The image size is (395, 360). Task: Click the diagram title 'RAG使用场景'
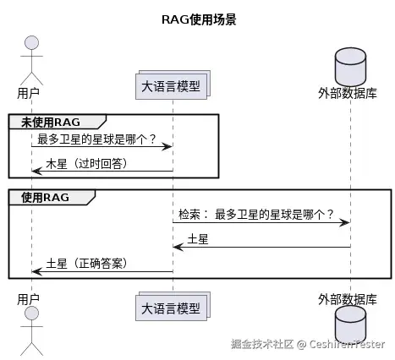point(198,19)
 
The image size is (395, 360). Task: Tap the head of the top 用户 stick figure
point(31,43)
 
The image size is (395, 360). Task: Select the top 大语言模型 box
point(173,86)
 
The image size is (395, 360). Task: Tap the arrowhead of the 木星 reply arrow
point(36,172)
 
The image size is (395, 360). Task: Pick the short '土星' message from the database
point(198,238)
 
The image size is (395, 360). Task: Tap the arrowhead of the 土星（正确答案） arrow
point(36,272)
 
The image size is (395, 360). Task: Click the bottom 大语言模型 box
point(173,306)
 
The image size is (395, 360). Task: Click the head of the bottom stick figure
point(31,314)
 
